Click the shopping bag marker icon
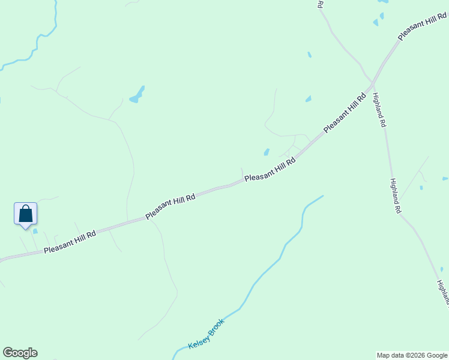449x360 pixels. click(x=25, y=214)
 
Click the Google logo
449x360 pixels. click(x=20, y=353)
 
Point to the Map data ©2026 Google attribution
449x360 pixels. click(x=412, y=355)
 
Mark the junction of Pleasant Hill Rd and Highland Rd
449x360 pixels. click(x=373, y=82)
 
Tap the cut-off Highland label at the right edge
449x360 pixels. click(x=443, y=292)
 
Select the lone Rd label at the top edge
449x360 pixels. click(x=321, y=4)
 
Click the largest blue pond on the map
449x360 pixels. click(x=137, y=94)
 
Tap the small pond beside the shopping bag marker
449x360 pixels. click(x=35, y=231)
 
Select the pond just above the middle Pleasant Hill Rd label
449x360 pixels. click(x=266, y=152)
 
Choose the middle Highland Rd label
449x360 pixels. click(x=394, y=196)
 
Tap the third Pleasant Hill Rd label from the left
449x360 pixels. click(x=270, y=169)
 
